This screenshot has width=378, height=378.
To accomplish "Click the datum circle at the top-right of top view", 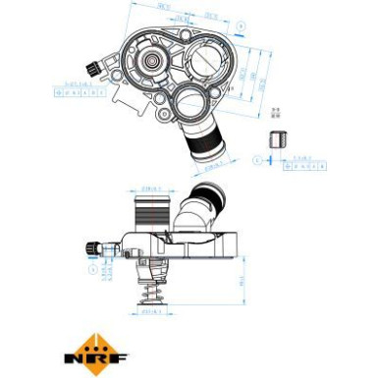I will [x=242, y=21].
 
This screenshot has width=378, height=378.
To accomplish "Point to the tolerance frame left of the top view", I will [x=73, y=91].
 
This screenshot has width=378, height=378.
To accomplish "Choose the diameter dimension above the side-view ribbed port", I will [x=151, y=184].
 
